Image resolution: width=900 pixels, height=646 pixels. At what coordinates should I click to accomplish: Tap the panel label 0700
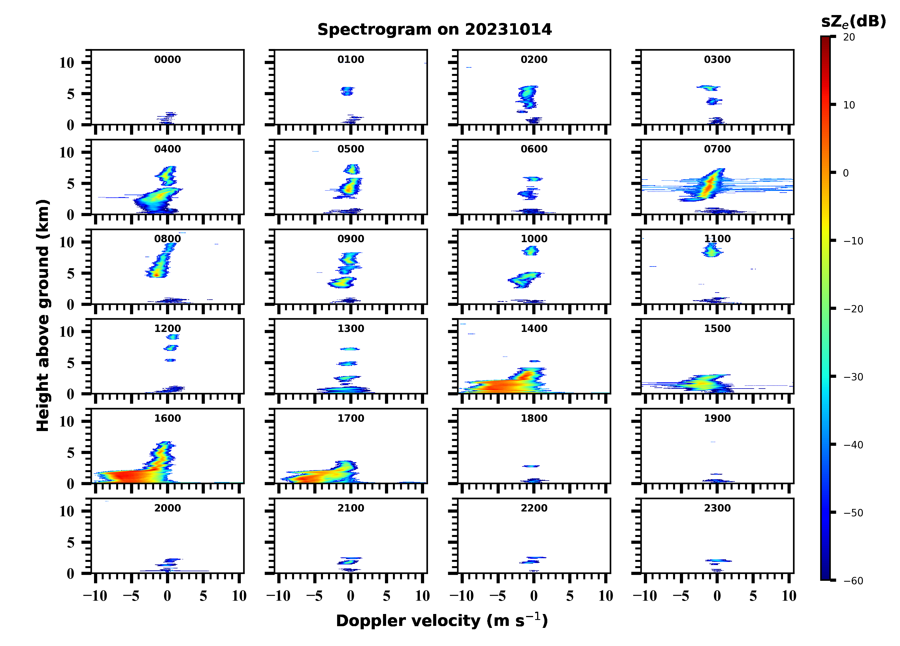point(717,149)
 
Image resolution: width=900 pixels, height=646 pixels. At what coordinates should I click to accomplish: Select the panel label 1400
point(534,329)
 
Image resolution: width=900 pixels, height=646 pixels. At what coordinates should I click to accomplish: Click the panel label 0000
point(167,59)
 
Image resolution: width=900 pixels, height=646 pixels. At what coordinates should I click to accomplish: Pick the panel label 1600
point(167,418)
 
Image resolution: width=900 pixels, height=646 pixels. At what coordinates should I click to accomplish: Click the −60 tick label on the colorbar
point(853,581)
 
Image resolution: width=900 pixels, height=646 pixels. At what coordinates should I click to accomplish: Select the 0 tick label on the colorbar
point(846,173)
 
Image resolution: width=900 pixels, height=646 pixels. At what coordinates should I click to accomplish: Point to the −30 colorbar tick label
point(853,377)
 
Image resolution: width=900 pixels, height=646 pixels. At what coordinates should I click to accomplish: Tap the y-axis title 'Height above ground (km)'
point(43,315)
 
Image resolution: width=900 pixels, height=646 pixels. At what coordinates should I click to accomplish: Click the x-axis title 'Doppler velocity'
point(442,621)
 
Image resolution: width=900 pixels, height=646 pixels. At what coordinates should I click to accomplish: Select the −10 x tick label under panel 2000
point(95,596)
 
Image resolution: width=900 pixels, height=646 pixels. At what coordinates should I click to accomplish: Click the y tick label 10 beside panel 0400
point(67,152)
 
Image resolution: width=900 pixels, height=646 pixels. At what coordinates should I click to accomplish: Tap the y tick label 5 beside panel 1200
point(70,363)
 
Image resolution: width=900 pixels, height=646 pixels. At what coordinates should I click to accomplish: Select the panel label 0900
point(350,239)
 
